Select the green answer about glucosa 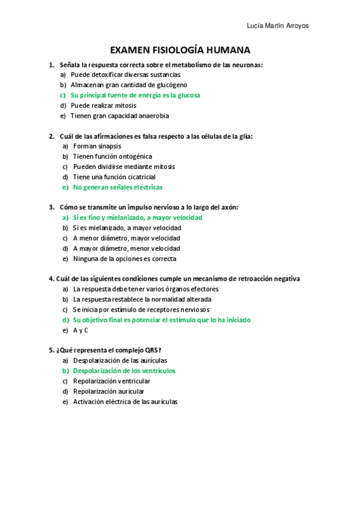coord(135,95)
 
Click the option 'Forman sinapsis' coord(97,146)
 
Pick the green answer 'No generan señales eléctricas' coord(118,187)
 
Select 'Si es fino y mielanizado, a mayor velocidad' coord(138,218)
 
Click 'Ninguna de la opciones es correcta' coord(124,259)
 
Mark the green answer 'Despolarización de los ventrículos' coord(124,371)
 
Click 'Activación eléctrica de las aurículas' coord(126,402)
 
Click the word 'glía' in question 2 coord(246,136)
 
